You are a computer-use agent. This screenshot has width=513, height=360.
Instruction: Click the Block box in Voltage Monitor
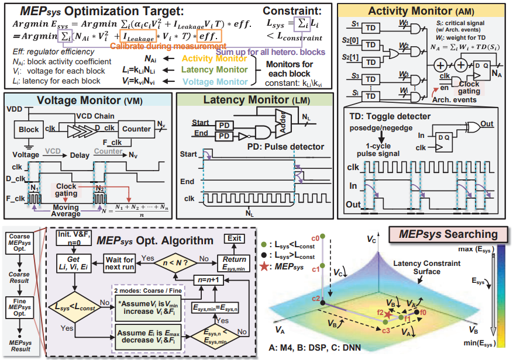click(x=29, y=130)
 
